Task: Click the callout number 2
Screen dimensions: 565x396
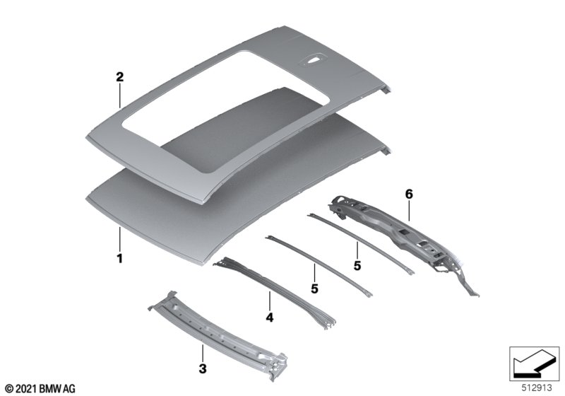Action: (x=119, y=77)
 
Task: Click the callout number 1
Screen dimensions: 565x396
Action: (x=119, y=258)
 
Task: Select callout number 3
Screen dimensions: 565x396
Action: (x=203, y=368)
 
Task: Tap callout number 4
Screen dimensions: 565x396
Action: (x=270, y=318)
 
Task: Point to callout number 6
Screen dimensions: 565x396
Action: (x=409, y=194)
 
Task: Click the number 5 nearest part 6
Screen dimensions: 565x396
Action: (x=357, y=266)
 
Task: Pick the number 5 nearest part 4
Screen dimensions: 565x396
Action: (x=314, y=289)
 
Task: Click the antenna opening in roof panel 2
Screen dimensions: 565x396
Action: (x=313, y=61)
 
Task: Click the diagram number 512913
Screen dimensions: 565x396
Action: (x=537, y=388)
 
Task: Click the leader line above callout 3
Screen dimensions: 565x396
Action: (x=203, y=353)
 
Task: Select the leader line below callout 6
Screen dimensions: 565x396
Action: (x=409, y=211)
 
